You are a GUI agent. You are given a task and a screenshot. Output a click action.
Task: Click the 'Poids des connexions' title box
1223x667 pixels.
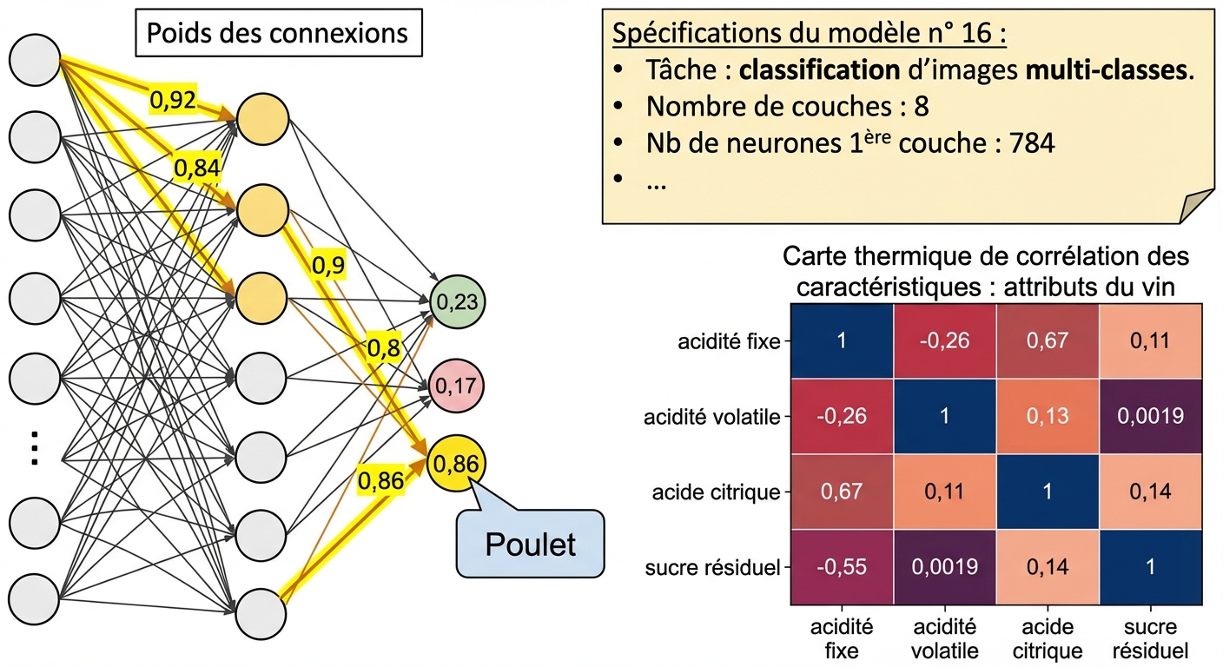point(277,34)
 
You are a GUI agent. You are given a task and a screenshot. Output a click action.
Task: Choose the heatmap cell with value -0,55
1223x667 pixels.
point(841,567)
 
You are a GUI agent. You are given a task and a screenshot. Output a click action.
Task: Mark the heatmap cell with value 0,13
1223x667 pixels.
point(1048,416)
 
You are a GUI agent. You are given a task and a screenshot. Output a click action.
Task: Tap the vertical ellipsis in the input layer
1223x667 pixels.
point(34,447)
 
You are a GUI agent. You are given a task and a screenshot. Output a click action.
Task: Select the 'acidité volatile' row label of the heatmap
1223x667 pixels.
point(713,417)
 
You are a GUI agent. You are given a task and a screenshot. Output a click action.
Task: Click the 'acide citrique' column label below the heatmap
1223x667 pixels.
point(1048,639)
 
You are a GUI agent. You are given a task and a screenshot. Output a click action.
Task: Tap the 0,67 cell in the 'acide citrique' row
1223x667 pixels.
point(841,492)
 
